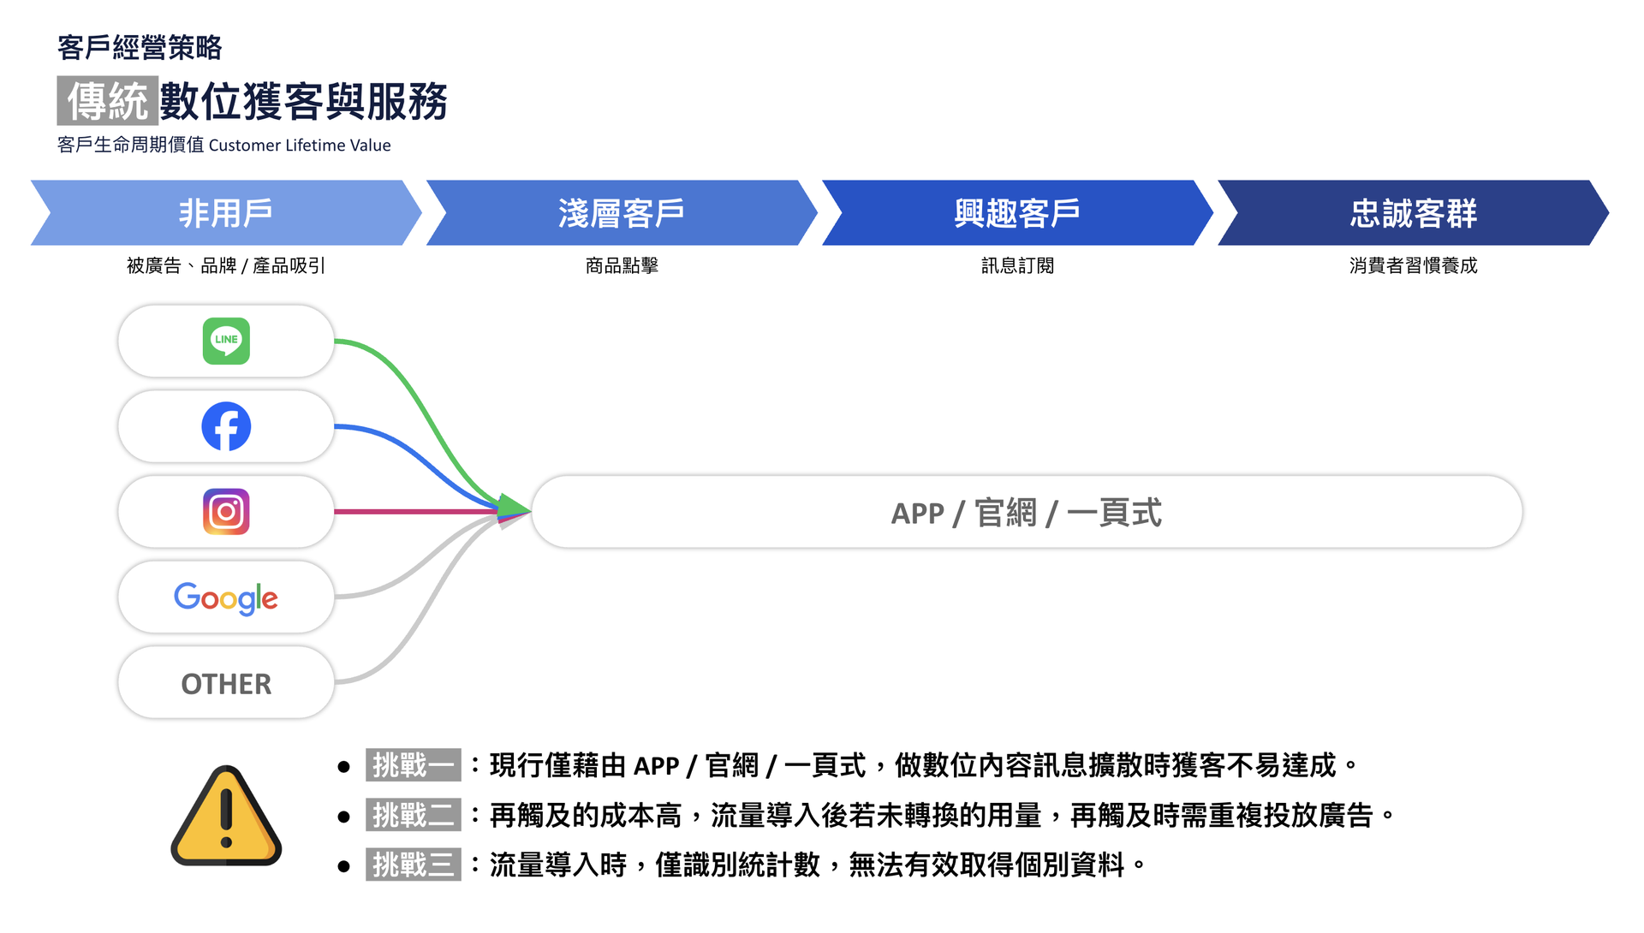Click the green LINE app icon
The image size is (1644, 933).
tap(226, 341)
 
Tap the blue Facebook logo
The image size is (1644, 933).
tap(226, 426)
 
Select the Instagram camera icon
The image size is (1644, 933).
tap(226, 512)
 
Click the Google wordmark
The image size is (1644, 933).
tap(226, 598)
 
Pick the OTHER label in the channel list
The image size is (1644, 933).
tap(226, 684)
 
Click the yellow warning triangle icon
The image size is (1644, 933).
tap(226, 816)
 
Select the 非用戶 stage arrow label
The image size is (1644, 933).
tap(225, 213)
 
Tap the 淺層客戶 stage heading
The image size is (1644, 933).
tap(622, 213)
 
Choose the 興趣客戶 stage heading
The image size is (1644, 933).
tap(1017, 213)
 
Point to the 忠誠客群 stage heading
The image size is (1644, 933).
tap(1414, 213)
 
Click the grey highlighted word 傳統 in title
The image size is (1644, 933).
tap(108, 101)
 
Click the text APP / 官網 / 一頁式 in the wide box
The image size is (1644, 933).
tap(1027, 513)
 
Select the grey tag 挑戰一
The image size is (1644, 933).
tap(414, 765)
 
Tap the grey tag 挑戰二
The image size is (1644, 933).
tap(414, 815)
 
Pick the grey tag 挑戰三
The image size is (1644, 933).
tap(414, 865)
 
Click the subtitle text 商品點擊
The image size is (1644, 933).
tap(622, 266)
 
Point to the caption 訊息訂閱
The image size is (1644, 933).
tap(1017, 266)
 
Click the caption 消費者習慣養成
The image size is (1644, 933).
tap(1414, 266)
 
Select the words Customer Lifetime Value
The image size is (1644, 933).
tap(300, 146)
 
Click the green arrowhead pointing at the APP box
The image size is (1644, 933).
tap(514, 507)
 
